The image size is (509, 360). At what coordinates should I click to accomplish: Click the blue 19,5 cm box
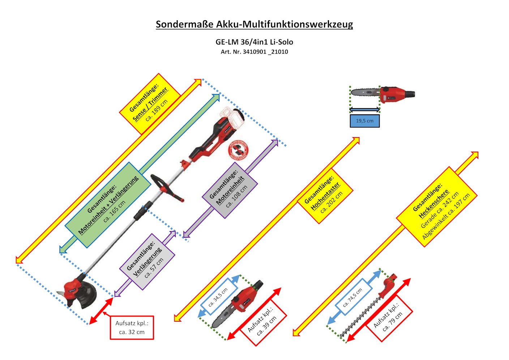[x=364, y=121]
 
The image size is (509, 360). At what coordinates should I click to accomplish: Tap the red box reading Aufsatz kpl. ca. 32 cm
[x=132, y=327]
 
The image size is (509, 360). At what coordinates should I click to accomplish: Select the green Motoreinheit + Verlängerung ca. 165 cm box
[x=108, y=205]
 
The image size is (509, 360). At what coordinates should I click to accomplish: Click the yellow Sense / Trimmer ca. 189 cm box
[x=150, y=104]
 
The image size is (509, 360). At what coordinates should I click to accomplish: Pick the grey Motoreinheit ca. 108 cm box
[x=230, y=190]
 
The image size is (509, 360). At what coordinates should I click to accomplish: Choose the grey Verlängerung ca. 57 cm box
[x=147, y=262]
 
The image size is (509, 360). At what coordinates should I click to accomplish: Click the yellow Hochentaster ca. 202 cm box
[x=325, y=196]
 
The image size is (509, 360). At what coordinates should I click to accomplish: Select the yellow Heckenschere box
[x=437, y=207]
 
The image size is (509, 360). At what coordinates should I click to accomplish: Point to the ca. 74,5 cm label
[x=354, y=298]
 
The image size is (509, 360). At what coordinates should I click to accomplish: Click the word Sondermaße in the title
[x=184, y=24]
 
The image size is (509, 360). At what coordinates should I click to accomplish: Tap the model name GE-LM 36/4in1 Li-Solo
[x=254, y=42]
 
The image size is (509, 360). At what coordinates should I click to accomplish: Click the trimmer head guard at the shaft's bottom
[x=81, y=293]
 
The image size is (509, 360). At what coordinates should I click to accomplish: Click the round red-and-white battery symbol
[x=238, y=150]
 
